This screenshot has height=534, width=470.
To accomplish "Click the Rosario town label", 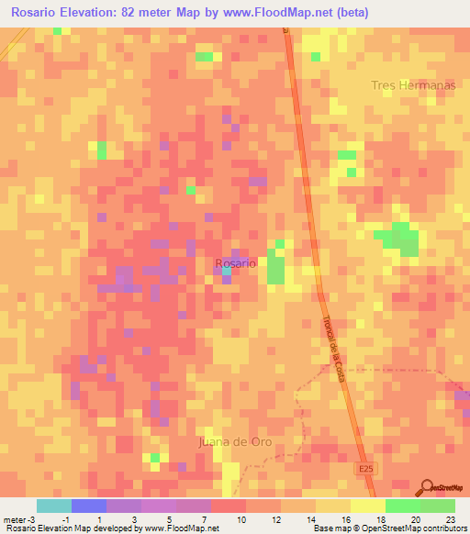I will (236, 262).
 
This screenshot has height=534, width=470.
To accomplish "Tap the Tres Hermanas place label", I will (414, 85).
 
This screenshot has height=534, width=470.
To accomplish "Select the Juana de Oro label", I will (236, 441).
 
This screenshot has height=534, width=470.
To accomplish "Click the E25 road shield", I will (366, 468).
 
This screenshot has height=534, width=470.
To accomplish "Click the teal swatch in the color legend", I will (54, 506).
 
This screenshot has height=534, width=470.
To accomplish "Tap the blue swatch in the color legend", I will (89, 506).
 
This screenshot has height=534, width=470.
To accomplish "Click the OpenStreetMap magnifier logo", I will (425, 486).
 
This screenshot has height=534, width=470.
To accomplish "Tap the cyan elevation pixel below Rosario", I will (226, 272).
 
